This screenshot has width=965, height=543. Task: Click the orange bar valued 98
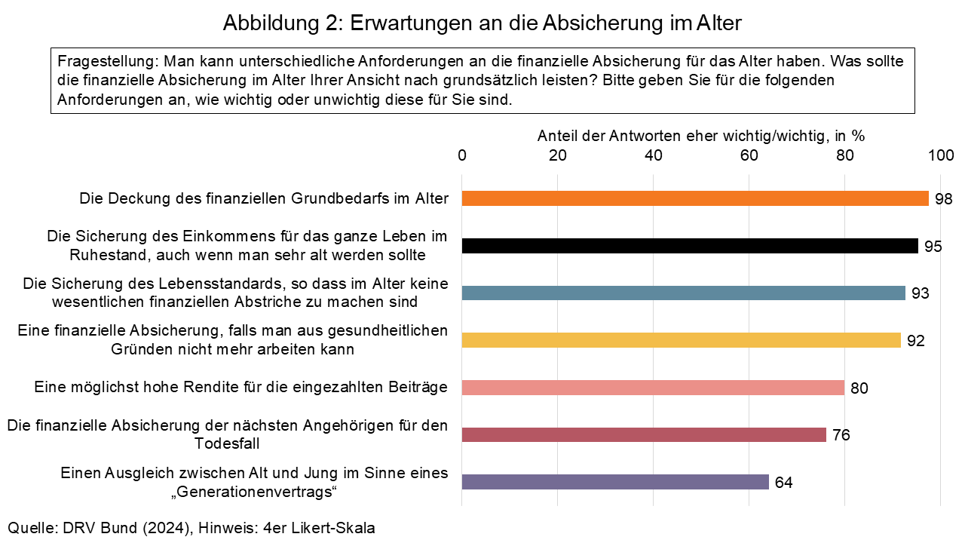[x=695, y=198]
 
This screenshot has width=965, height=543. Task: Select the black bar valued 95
[x=690, y=246]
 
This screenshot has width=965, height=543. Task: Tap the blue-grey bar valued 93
[x=683, y=293]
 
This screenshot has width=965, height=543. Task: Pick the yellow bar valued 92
[x=681, y=340]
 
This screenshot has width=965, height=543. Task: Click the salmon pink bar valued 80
[x=653, y=388]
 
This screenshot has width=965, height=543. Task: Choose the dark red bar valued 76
[x=644, y=434]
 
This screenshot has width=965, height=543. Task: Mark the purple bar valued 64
[x=615, y=482]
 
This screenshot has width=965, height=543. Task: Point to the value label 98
[x=944, y=199]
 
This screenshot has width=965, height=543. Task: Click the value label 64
[x=783, y=483]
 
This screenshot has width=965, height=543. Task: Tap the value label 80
[x=859, y=388]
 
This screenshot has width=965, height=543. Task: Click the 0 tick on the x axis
[x=462, y=155]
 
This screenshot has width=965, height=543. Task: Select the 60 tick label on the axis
[x=749, y=155]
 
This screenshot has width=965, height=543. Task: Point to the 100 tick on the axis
[x=941, y=155]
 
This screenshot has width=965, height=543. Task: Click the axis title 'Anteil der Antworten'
[x=700, y=136]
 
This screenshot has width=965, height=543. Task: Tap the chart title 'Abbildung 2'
[x=482, y=23]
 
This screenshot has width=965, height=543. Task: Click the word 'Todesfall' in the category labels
[x=228, y=444]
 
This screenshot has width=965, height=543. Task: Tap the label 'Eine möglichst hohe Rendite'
[x=241, y=388]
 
